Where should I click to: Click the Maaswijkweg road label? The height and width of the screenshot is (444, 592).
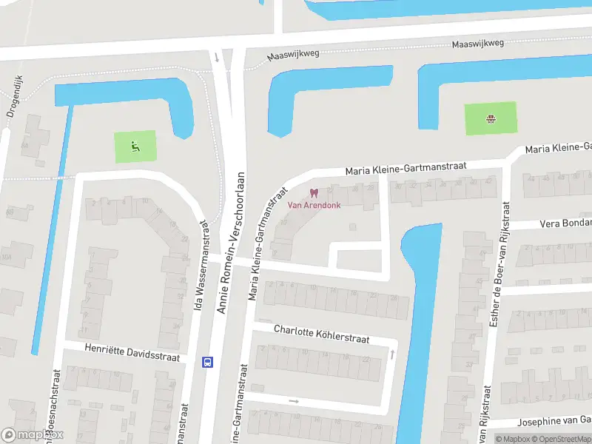pos(479,43)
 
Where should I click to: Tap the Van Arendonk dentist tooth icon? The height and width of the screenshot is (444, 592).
pos(314,194)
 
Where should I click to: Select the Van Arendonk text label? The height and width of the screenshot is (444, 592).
pos(314,206)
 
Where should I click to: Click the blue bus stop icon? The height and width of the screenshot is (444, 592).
pos(207,362)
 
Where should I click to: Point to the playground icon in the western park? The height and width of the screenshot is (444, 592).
pos(135,146)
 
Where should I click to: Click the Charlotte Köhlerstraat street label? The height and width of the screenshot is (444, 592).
pos(332,333)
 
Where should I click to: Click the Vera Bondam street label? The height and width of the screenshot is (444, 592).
pos(566,223)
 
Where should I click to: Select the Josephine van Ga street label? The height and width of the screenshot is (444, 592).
pos(554,422)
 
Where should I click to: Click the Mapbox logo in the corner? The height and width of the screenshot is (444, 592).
pos(33,435)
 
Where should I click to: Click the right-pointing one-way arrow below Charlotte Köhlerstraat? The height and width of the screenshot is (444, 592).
pos(294,401)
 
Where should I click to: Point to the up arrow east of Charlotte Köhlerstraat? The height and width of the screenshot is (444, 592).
pos(391,355)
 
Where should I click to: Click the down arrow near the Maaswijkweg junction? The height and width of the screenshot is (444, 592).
pos(216,56)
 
